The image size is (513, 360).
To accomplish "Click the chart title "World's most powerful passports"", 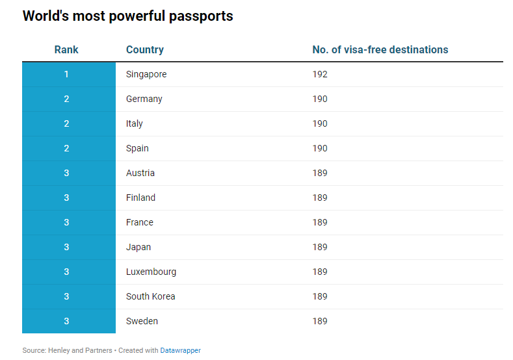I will tap(127, 16).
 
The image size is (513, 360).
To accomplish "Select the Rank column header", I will tap(66, 49).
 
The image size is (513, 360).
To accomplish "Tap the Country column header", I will tap(144, 49).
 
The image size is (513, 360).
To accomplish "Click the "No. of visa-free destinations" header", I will tap(380, 49).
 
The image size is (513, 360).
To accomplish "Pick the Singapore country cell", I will tap(146, 74).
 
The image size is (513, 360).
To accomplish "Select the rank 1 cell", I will tap(66, 74).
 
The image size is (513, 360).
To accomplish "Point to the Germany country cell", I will tap(144, 99).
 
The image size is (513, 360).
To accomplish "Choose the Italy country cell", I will tap(135, 123).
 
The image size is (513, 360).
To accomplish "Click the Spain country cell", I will tap(137, 148).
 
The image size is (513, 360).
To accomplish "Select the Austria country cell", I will tap(140, 173).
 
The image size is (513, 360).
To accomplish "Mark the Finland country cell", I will tap(140, 198).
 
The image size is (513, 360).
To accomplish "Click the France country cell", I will tap(140, 222).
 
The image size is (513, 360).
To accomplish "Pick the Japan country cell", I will tap(138, 247).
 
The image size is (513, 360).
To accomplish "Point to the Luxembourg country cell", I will tap(151, 272).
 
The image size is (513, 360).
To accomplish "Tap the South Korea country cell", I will tap(151, 296).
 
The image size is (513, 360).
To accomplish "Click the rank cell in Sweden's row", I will tap(66, 321).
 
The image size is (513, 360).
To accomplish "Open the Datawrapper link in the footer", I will tap(181, 350).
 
